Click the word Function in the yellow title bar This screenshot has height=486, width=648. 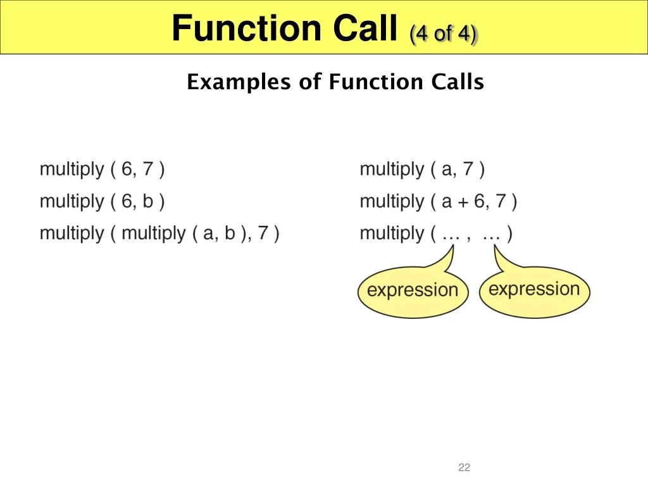[x=246, y=28]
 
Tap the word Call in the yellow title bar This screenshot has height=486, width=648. [x=365, y=28]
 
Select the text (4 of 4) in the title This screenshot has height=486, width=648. [x=443, y=33]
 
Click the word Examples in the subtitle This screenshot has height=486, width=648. [x=239, y=82]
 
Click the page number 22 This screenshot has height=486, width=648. [x=464, y=468]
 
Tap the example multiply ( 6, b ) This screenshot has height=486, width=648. [x=102, y=202]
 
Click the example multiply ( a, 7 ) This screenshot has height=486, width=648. [x=422, y=170]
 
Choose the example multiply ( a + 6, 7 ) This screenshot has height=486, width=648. [x=438, y=202]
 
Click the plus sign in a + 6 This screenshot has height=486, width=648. [x=463, y=202]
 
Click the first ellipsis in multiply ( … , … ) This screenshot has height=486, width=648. [x=451, y=238]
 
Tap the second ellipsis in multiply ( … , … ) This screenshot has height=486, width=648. [x=491, y=238]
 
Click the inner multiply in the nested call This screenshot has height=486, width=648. [x=154, y=234]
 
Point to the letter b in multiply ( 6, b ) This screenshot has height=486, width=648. [x=148, y=201]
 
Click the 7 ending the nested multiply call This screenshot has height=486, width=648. [x=263, y=233]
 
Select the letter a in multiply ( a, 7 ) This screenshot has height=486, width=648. [x=447, y=170]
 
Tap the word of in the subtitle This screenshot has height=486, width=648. [x=310, y=82]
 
